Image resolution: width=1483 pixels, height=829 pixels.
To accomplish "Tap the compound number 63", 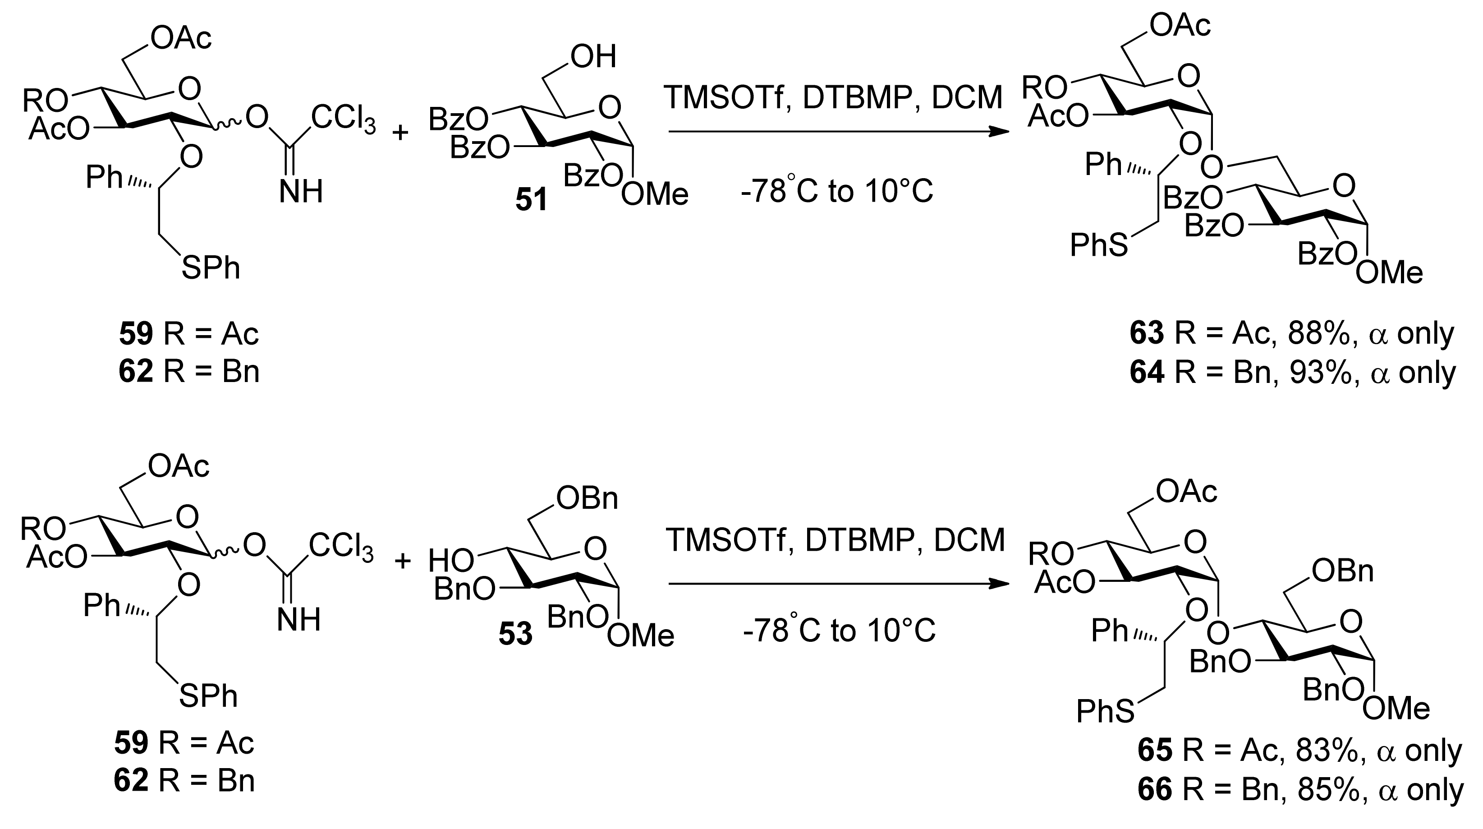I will point(1147,333).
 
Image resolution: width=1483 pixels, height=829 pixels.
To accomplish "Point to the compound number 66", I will point(1155,790).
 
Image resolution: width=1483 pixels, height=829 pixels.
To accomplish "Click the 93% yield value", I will point(1318,373).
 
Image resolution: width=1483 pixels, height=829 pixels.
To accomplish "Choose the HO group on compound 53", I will point(451,560).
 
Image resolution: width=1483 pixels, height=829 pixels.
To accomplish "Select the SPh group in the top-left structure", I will point(211,268).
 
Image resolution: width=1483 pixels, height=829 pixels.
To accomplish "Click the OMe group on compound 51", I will point(655,194).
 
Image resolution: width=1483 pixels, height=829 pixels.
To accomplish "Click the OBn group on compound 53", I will point(587,498).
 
